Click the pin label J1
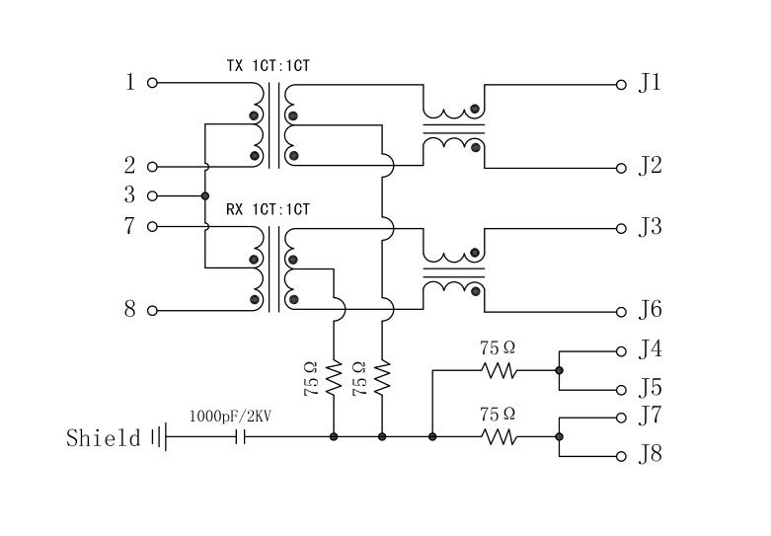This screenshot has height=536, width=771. click(649, 83)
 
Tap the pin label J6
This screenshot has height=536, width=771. click(649, 310)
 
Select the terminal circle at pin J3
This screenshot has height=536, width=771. click(621, 228)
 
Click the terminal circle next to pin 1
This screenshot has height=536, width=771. click(152, 83)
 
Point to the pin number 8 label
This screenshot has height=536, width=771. click(129, 310)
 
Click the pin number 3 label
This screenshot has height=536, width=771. click(129, 195)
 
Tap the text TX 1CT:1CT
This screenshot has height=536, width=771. click(269, 66)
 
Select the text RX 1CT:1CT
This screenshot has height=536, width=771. click(268, 209)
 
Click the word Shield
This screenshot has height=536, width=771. click(104, 437)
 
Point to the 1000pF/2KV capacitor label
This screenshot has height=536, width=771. click(229, 417)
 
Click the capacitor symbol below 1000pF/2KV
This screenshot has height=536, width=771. click(239, 436)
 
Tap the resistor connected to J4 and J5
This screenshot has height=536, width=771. click(499, 371)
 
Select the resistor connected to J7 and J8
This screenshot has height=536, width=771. click(499, 436)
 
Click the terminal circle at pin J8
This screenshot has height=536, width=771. click(621, 456)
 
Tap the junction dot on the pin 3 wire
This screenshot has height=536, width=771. click(205, 195)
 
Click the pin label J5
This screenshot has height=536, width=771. click(649, 388)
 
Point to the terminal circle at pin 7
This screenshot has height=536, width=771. click(152, 226)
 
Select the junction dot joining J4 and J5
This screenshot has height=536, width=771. click(559, 371)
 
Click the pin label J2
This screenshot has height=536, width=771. click(649, 166)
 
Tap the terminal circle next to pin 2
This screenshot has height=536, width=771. click(152, 167)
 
